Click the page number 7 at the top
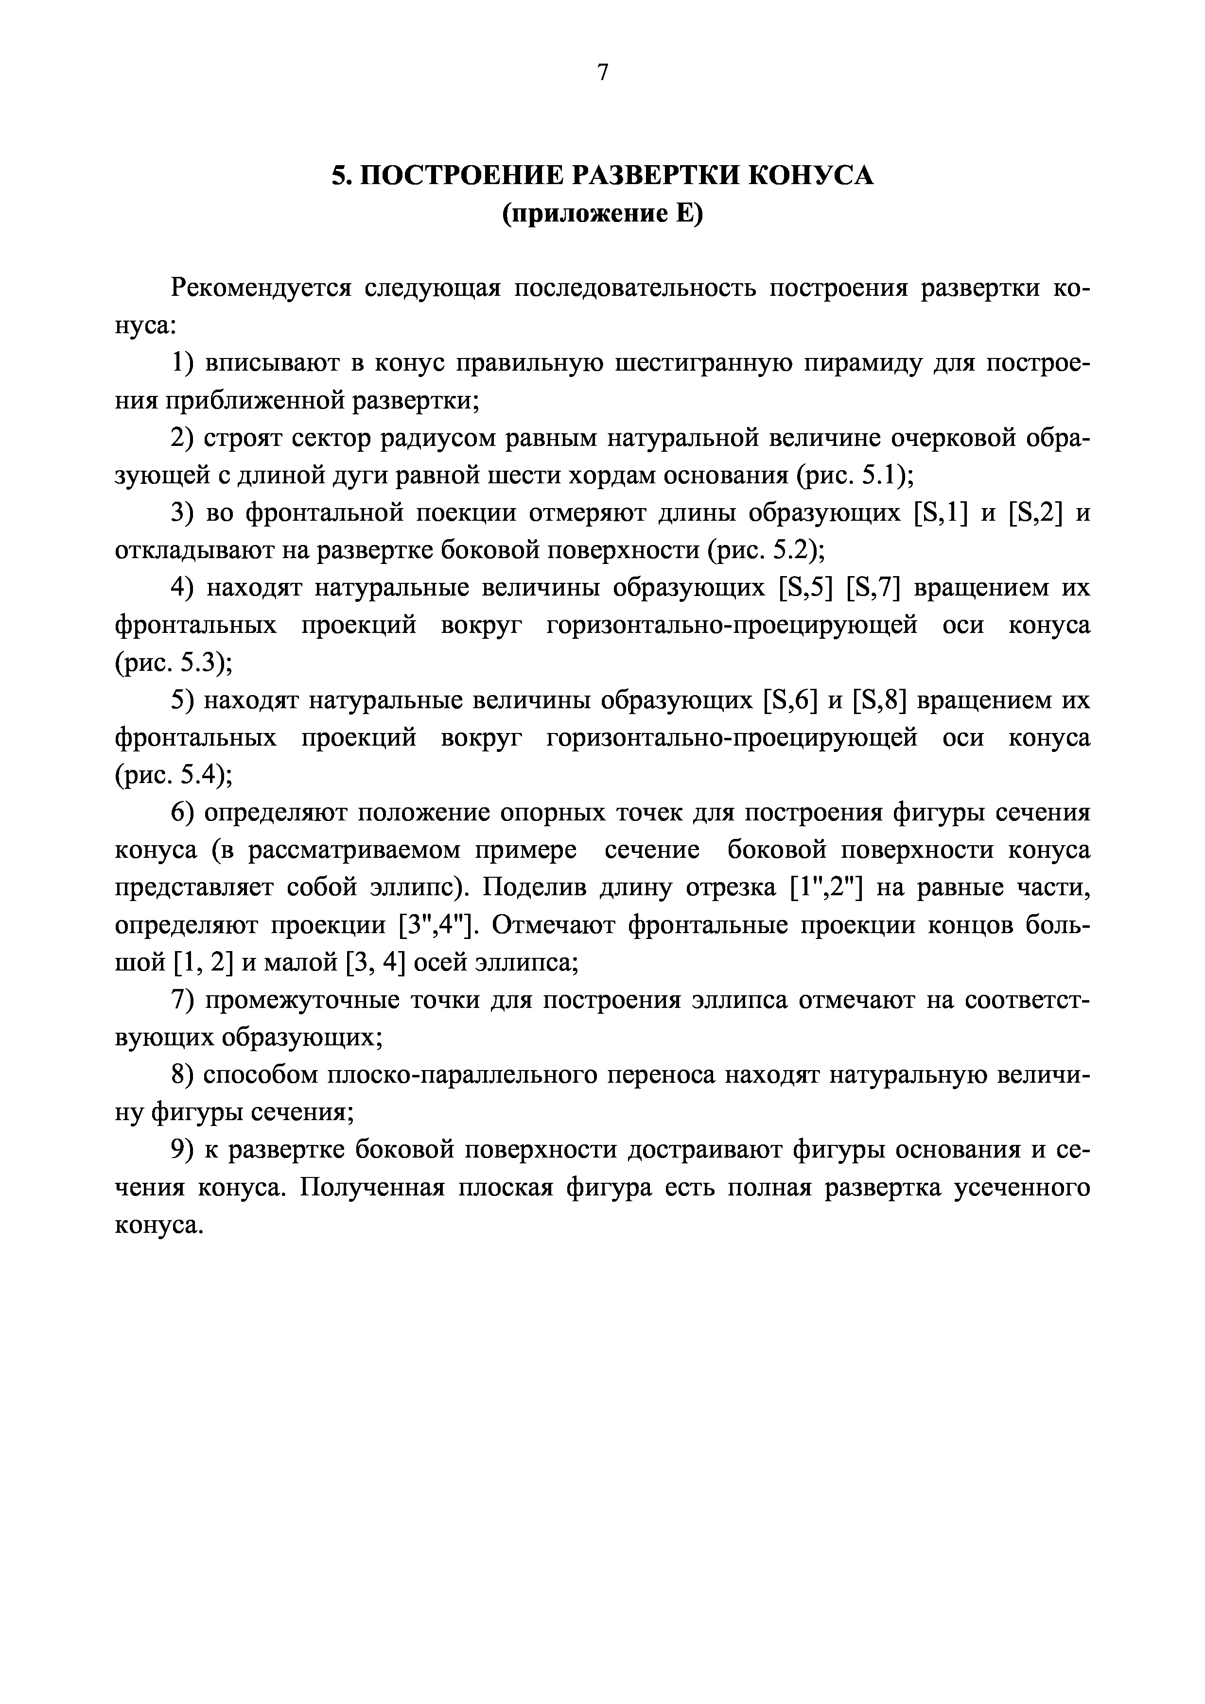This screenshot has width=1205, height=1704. tap(602, 72)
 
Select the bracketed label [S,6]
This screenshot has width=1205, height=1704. tap(790, 700)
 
